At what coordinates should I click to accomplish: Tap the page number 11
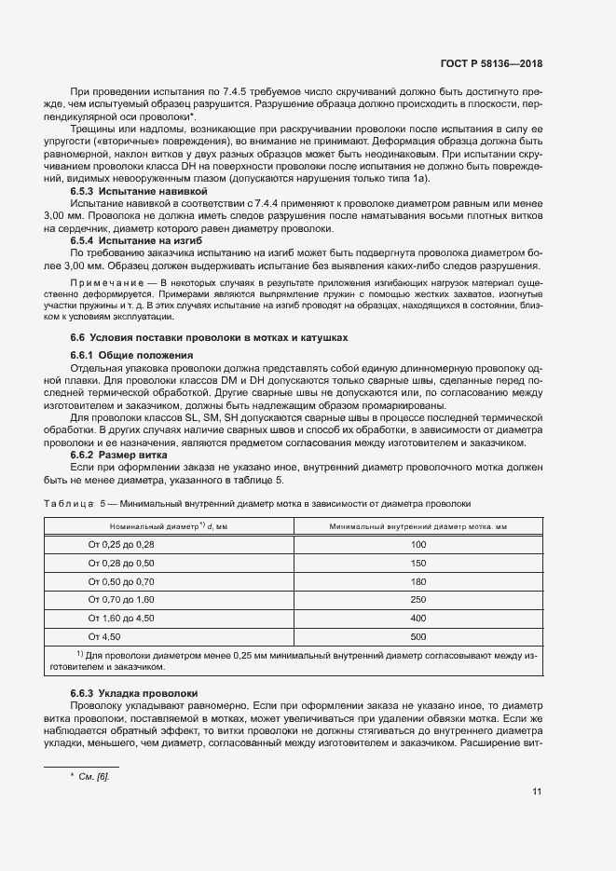537,793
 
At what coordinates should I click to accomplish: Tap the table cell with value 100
418,544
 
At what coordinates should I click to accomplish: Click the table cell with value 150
418,564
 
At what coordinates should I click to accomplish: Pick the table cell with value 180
418,581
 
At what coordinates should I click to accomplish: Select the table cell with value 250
418,600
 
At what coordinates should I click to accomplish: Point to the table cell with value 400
418,618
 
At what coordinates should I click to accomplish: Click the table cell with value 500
418,636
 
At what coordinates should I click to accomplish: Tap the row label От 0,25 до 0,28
121,544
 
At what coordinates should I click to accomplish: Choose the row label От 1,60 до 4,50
121,618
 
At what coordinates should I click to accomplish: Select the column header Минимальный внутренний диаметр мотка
418,526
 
